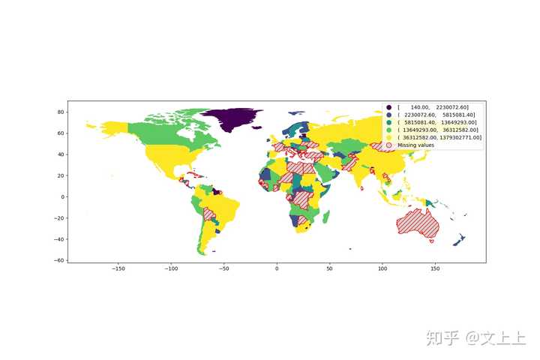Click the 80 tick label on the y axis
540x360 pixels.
click(60, 112)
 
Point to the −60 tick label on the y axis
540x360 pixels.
click(58, 260)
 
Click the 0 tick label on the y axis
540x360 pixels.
click(62, 197)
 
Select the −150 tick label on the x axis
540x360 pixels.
click(118, 268)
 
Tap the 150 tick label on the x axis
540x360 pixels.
click(434, 268)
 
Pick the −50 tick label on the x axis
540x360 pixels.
click(224, 268)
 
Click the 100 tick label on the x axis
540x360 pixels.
click(382, 268)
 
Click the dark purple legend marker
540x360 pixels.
click(388, 107)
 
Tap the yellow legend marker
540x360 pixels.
click(388, 137)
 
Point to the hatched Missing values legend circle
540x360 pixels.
click(388, 145)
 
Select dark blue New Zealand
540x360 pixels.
click(459, 240)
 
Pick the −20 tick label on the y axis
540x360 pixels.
click(58, 218)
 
